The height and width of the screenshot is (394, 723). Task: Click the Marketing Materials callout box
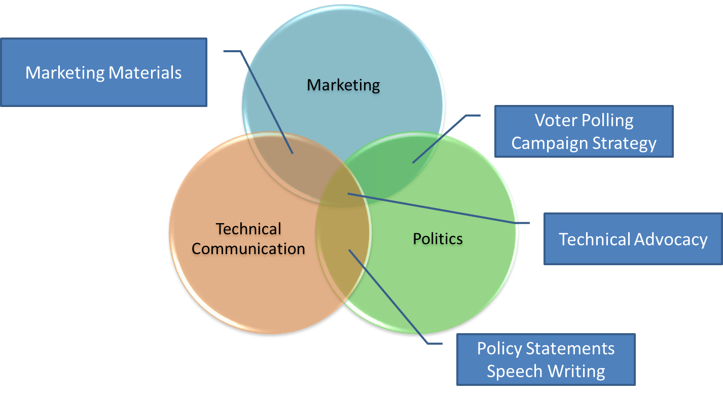pos(103,73)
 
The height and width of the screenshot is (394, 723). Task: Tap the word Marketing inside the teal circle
pos(343,85)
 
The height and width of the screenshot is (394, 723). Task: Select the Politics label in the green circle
pos(438,238)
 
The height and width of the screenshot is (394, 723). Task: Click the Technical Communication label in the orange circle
pos(248,239)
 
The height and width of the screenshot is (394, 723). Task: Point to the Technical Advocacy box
pos(633,239)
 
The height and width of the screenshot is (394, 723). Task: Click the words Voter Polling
pos(584,121)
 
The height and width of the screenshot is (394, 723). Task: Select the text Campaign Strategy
pos(584,143)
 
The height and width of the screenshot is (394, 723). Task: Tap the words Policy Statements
pos(546,349)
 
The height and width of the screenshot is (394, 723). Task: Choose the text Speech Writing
pos(546,371)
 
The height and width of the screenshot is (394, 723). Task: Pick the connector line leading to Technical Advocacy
pos(436,208)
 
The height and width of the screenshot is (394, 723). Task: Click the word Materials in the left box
pos(144,73)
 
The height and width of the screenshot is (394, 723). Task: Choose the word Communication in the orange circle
pos(248,249)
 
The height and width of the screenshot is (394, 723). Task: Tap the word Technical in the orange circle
pos(248,229)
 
